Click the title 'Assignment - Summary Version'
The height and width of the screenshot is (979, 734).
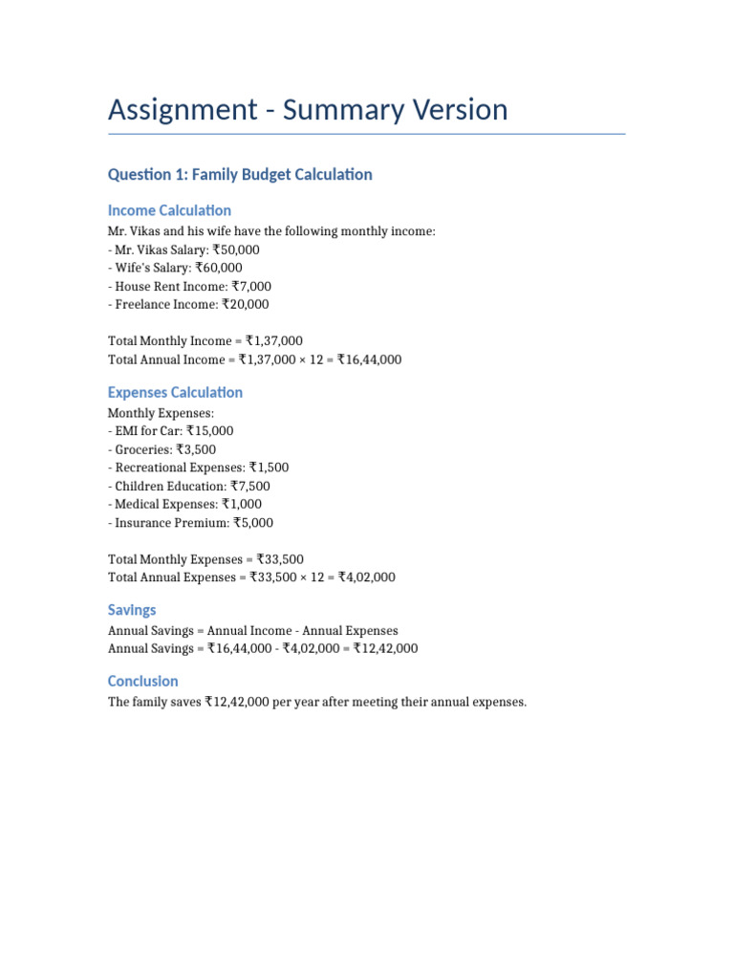308,110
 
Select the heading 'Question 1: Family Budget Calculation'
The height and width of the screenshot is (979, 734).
240,174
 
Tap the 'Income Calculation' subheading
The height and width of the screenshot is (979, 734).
169,210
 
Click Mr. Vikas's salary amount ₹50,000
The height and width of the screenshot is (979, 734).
236,250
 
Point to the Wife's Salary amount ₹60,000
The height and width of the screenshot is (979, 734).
219,268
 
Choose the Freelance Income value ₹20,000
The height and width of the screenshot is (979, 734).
246,304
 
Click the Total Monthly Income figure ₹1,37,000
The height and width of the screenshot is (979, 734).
274,341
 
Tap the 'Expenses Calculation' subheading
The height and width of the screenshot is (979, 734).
175,392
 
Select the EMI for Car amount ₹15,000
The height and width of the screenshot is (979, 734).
210,431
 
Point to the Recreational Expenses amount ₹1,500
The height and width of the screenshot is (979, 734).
269,468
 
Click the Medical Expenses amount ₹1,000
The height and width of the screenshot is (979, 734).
242,504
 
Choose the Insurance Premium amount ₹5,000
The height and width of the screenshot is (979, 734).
253,523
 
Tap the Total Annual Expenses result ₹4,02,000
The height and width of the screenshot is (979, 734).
366,577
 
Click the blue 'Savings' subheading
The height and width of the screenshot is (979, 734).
132,610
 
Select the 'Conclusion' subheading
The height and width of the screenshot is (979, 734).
143,681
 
